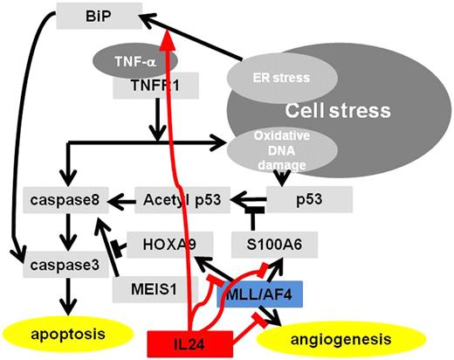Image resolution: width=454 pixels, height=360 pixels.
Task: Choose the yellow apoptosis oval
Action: point(58,333)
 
